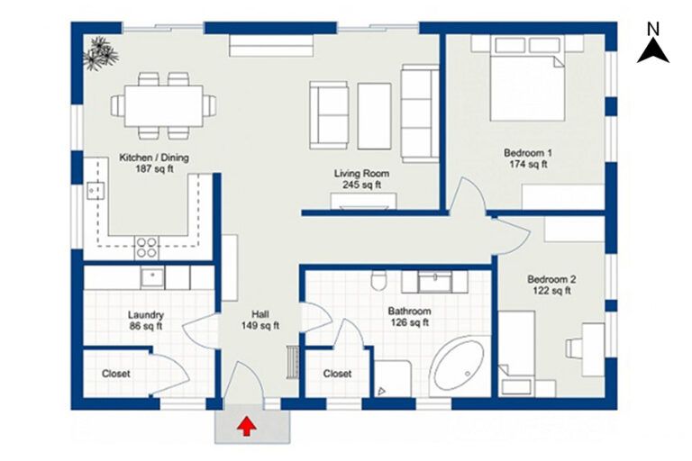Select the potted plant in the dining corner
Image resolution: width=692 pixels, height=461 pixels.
99,53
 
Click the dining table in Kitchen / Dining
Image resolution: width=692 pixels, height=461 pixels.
163,105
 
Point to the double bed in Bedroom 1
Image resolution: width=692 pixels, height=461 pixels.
527,86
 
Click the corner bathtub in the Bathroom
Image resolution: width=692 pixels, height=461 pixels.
459,368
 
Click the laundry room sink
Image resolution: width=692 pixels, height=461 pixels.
151,277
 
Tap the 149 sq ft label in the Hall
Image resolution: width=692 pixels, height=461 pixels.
259,326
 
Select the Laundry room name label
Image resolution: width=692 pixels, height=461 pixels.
145,315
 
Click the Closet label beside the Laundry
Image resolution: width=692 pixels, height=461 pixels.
115,373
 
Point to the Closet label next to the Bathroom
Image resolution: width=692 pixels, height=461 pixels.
337,373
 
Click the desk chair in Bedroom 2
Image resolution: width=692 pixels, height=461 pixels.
574,347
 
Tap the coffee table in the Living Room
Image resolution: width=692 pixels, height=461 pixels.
374,115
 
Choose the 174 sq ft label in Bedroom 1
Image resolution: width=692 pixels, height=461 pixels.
527,165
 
